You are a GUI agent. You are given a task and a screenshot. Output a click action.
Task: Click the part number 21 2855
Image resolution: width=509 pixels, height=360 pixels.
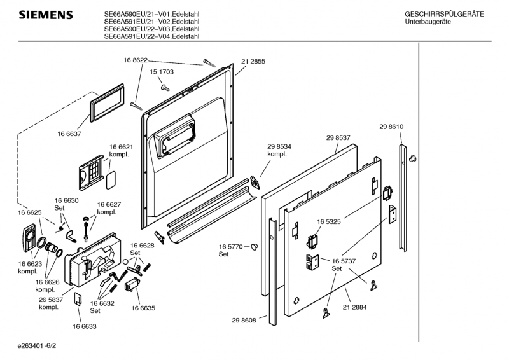click(x=253, y=62)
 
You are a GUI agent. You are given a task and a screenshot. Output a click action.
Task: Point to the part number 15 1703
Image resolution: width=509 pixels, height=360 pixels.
click(x=162, y=73)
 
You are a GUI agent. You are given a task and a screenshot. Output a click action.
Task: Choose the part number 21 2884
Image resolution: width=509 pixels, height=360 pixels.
click(x=356, y=308)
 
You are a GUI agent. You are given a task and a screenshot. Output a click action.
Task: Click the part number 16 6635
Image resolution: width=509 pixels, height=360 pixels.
click(x=143, y=308)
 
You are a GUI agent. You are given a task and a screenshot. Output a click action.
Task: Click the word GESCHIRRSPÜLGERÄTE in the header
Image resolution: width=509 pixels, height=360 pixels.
click(x=445, y=14)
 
